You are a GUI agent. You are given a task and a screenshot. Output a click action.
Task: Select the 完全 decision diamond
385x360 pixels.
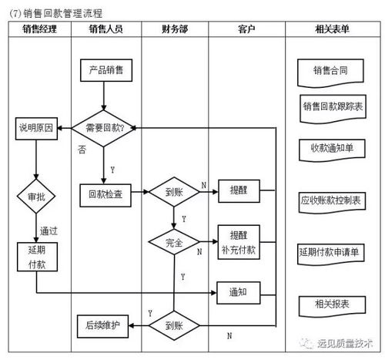174,242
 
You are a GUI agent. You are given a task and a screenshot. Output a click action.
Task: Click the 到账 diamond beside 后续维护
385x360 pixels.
174,325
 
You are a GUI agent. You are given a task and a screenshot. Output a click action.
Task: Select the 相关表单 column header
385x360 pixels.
331,29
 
